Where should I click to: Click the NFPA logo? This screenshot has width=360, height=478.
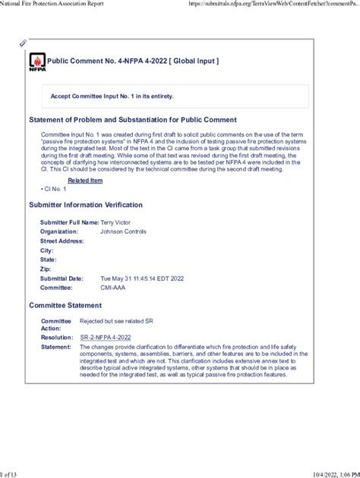(x=37, y=61)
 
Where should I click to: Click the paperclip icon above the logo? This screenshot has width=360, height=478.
(x=23, y=43)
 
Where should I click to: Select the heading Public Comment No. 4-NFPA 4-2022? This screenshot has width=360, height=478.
(x=134, y=60)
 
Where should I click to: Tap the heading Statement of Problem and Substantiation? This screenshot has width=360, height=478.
(x=132, y=120)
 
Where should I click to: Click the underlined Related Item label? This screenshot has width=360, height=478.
(x=85, y=181)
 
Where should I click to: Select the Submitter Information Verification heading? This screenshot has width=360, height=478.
(x=96, y=205)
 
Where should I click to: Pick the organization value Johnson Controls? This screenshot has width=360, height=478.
(x=124, y=231)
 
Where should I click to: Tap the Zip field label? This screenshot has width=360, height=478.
(x=46, y=269)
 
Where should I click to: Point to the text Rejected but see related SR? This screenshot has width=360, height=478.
(x=117, y=321)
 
